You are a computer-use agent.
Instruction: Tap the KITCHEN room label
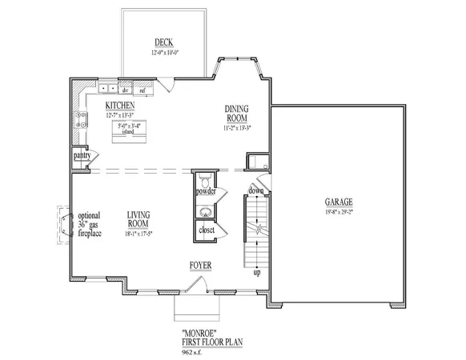[120, 105]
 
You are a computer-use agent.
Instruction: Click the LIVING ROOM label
[139, 218]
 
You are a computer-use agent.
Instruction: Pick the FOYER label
[200, 264]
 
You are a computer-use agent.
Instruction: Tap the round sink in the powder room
[206, 212]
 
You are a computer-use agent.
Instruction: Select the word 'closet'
[206, 231]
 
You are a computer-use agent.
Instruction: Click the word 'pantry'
[82, 155]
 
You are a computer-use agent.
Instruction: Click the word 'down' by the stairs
[255, 190]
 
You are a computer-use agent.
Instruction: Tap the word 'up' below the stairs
[257, 273]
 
